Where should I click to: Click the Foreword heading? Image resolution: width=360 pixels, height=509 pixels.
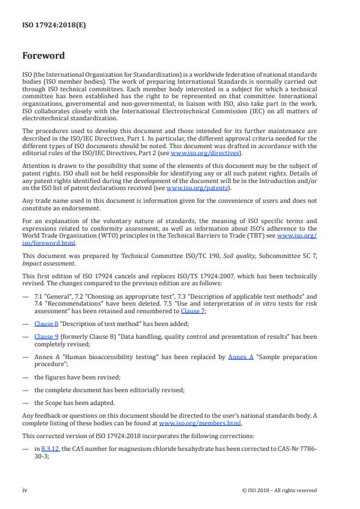pos(44,56)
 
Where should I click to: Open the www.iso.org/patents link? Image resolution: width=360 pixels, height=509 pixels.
pos(190,188)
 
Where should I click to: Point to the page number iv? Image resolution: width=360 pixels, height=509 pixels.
pos(25,490)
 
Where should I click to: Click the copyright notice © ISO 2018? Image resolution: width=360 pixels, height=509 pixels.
pos(279,490)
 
